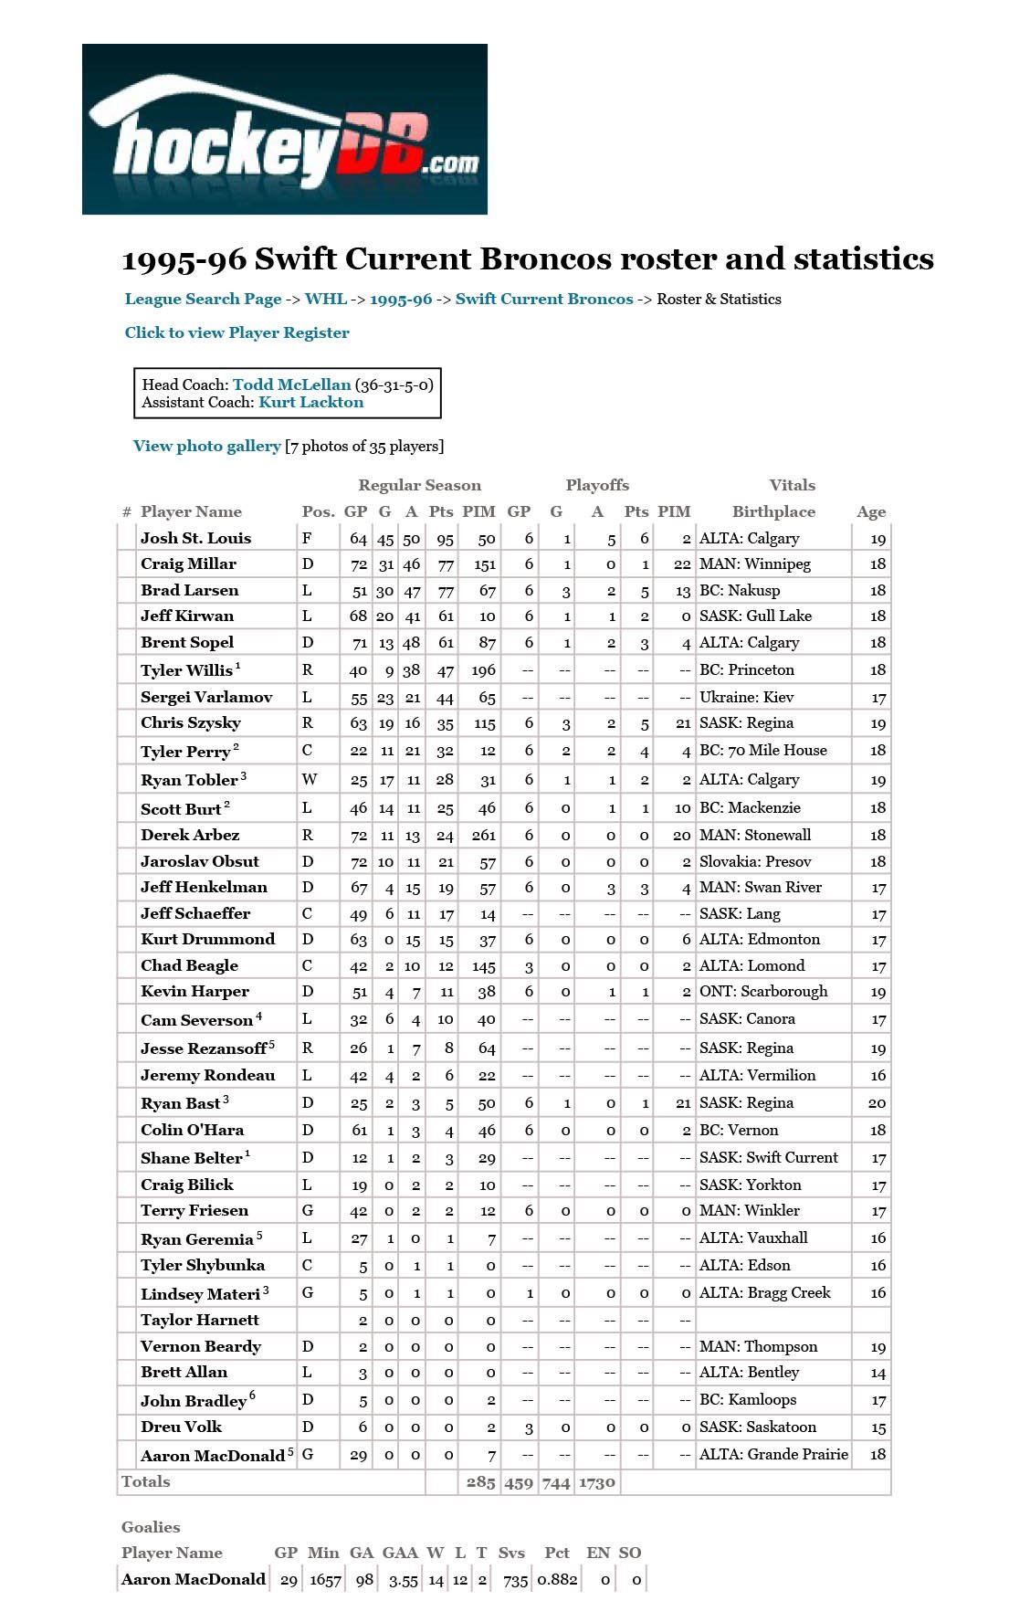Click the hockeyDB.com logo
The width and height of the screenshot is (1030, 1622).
tap(284, 130)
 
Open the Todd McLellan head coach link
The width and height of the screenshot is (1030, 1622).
tap(291, 384)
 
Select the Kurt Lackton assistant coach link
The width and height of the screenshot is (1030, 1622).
tap(310, 402)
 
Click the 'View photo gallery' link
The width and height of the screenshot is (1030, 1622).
tap(206, 446)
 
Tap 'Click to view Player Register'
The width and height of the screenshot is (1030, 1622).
tap(236, 332)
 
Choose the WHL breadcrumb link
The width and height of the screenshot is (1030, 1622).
tap(325, 299)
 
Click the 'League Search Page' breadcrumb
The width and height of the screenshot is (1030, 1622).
tap(203, 299)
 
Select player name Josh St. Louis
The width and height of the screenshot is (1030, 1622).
tap(195, 538)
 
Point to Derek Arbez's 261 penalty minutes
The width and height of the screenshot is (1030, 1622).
tap(484, 835)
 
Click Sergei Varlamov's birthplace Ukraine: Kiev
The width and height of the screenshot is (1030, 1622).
tap(746, 697)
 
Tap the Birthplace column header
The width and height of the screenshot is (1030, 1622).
tap(772, 511)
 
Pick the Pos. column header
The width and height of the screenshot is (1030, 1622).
tap(318, 511)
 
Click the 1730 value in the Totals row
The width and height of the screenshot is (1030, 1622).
tap(596, 1481)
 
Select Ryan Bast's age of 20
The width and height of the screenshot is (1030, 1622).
tap(877, 1102)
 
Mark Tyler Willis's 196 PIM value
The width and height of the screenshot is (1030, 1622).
tap(483, 669)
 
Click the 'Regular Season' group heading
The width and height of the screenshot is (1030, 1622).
tap(419, 485)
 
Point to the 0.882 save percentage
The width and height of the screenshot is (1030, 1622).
tap(556, 1579)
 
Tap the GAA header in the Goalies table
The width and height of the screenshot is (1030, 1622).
tap(399, 1553)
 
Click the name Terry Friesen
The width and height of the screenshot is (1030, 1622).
tap(194, 1210)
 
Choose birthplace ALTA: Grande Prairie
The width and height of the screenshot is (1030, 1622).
tap(773, 1454)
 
